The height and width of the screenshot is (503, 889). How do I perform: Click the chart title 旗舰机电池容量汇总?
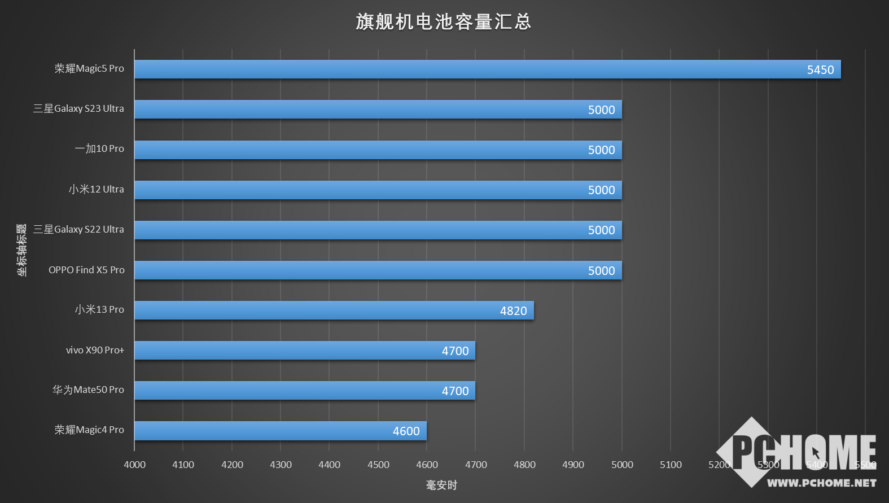(x=444, y=21)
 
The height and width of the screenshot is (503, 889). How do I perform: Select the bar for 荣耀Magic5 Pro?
(x=487, y=69)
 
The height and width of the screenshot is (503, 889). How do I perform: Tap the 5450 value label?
(x=820, y=70)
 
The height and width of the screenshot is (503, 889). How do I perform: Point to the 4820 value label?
(x=513, y=311)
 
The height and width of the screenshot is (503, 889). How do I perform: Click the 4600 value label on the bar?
(x=406, y=431)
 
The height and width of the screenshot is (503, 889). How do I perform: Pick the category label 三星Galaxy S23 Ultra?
(x=78, y=108)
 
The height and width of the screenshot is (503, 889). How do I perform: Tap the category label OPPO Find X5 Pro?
(x=86, y=270)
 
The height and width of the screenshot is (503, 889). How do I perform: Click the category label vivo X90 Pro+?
(x=95, y=350)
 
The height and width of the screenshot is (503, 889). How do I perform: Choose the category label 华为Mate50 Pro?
(x=88, y=390)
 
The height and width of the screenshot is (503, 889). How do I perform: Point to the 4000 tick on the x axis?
(x=134, y=465)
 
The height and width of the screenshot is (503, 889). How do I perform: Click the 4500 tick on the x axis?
(x=378, y=465)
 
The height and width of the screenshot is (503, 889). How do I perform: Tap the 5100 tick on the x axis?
(x=671, y=465)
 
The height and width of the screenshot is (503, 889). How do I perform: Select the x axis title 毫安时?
(x=441, y=485)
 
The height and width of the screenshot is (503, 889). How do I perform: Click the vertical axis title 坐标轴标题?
(x=21, y=250)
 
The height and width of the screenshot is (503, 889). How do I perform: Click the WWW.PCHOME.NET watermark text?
(x=821, y=483)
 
